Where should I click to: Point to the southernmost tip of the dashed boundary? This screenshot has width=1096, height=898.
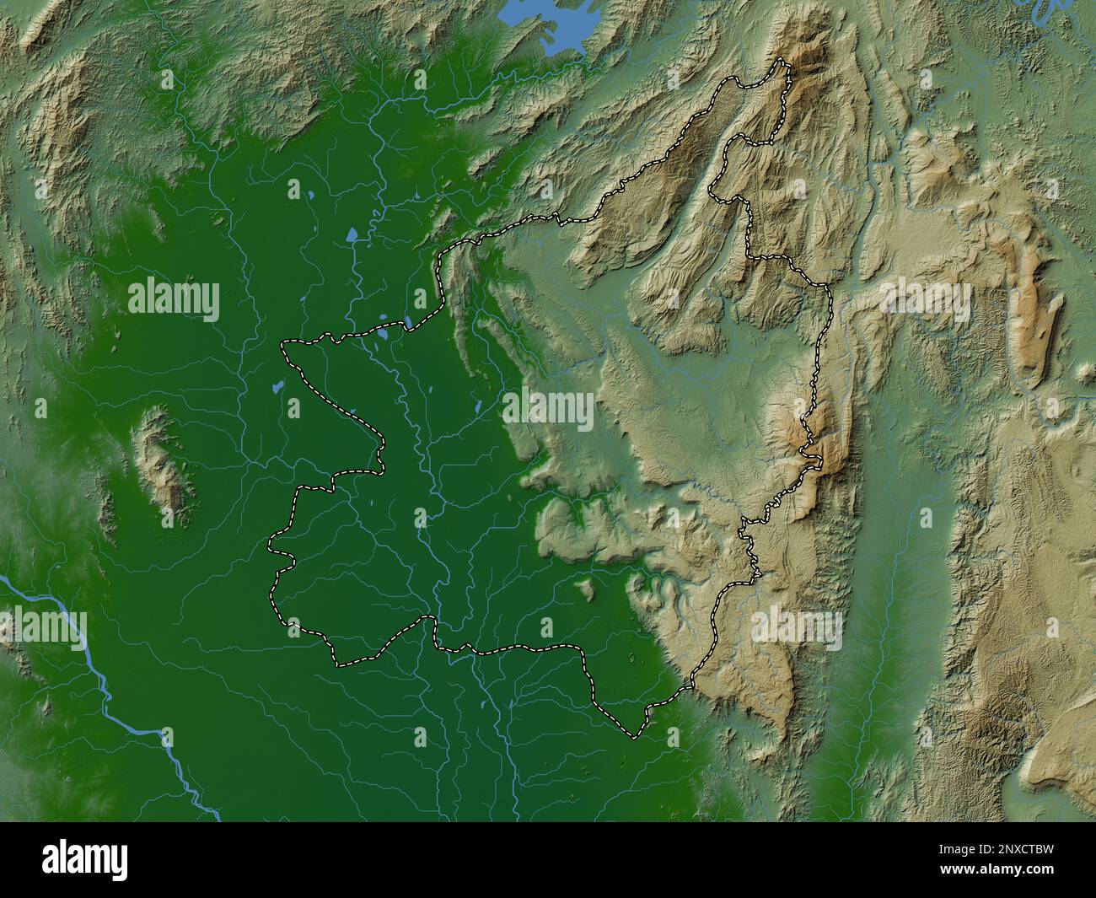(x=634, y=737)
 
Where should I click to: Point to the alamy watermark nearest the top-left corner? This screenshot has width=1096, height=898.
(x=174, y=299)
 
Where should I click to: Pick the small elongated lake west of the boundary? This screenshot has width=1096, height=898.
(x=276, y=390)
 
